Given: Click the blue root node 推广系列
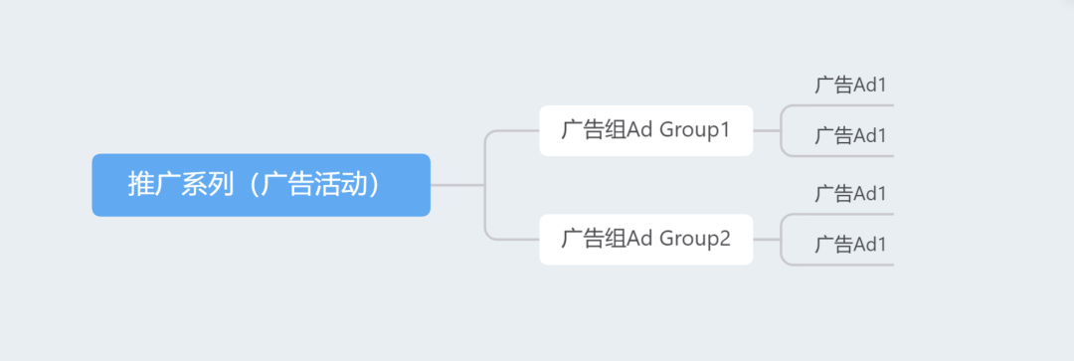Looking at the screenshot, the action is point(261,185).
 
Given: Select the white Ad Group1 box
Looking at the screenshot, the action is point(645,130).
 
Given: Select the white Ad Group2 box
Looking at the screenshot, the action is point(645,239).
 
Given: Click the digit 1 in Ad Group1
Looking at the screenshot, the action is point(725,130).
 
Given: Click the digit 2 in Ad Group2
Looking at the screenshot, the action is point(725,239).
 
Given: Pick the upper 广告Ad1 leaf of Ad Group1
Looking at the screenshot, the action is point(850,86).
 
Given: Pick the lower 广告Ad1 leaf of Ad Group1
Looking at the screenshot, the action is point(850,136).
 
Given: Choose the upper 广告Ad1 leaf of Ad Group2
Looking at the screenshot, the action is point(850,194).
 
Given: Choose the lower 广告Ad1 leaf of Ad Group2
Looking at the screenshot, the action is point(850,245).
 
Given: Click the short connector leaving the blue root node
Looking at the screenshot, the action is point(455,185).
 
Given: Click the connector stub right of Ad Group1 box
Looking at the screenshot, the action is point(766,130).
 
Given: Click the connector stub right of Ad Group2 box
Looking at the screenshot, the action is point(766,239).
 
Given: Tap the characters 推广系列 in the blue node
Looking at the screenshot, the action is point(180,185).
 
